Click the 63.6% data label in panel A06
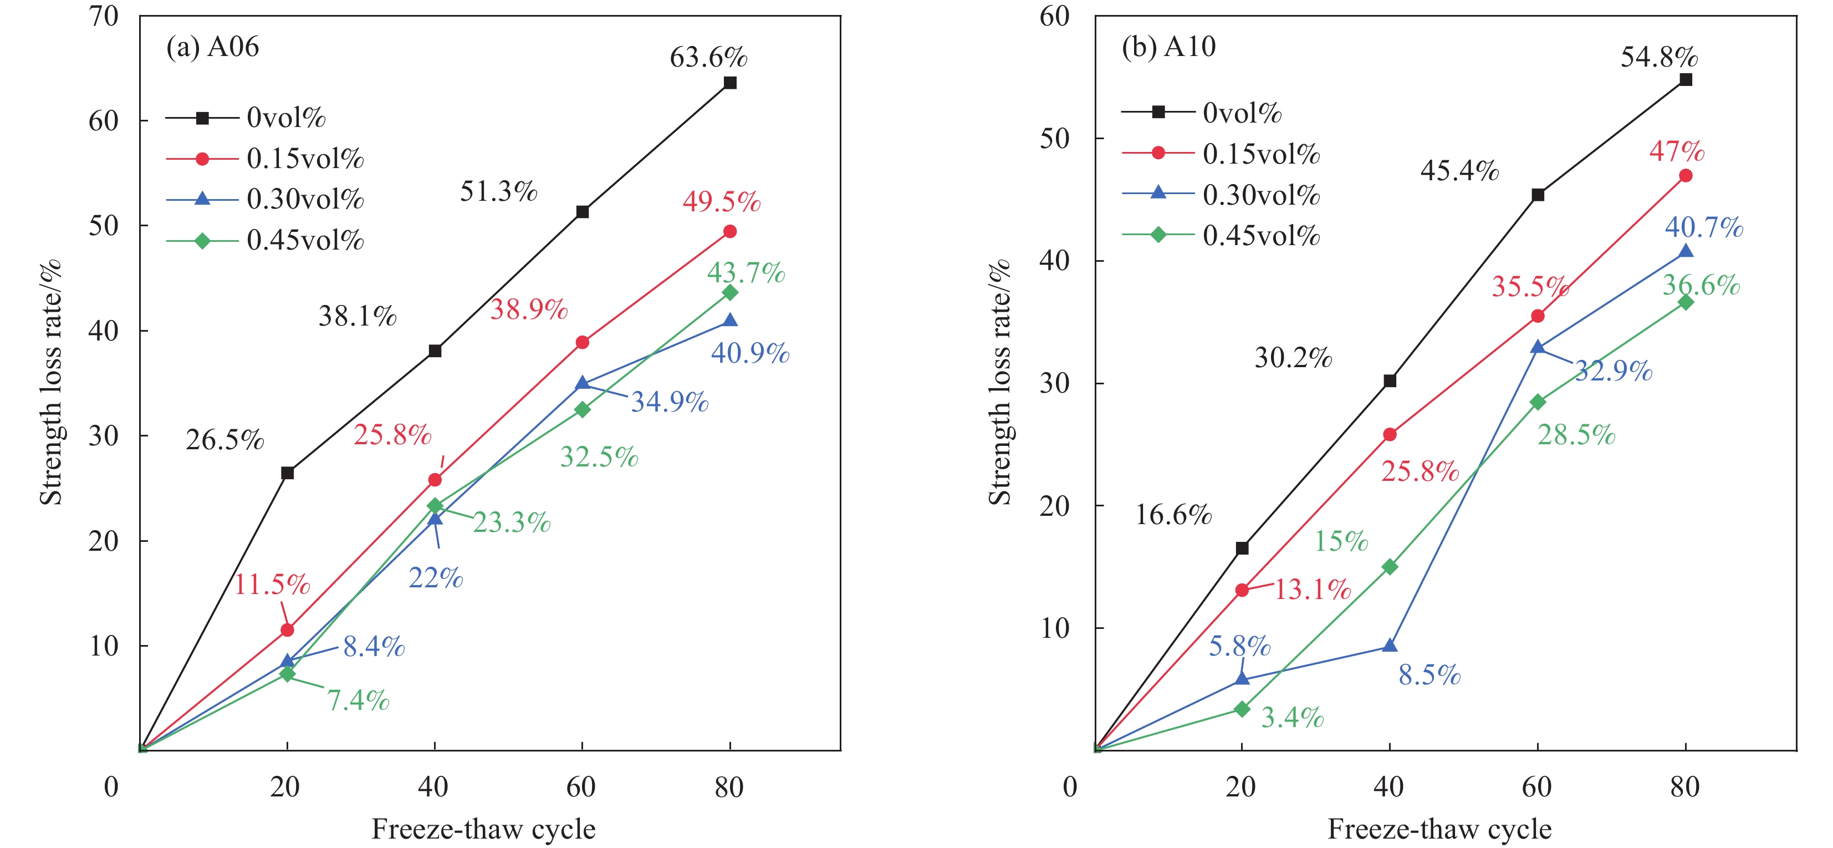(708, 57)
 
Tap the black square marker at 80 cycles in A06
(729, 83)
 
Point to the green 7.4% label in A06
(358, 700)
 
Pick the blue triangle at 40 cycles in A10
(1390, 646)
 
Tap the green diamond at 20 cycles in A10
(1242, 709)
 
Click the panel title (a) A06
(212, 47)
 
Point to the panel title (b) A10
(1168, 47)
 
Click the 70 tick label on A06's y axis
(103, 16)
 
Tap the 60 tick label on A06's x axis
(581, 787)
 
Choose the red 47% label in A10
(1677, 151)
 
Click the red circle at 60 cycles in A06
(582, 343)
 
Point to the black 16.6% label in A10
(1173, 515)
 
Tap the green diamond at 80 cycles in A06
(729, 293)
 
